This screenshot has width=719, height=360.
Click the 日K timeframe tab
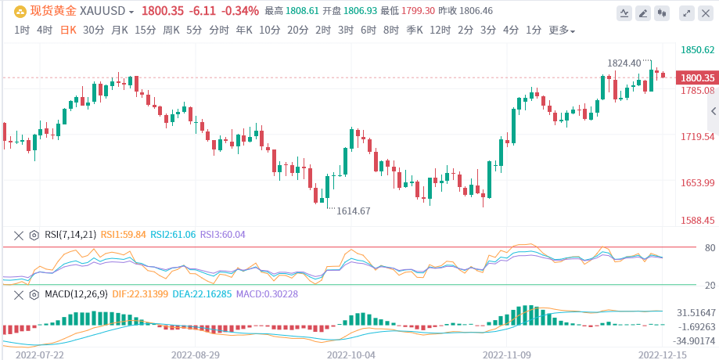pos(68,31)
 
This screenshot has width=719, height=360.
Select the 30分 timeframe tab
pos(93,31)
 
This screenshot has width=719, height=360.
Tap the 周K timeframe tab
pos(171,31)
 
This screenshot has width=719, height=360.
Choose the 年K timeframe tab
pos(244,31)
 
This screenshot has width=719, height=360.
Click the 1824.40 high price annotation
pos(624,63)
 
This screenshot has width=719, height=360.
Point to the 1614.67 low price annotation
pos(353,211)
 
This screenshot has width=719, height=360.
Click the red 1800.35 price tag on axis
pos(697,78)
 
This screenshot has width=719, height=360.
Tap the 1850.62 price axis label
pos(698,50)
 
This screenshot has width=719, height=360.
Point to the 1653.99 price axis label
pos(698,183)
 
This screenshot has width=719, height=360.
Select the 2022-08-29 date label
pos(196,354)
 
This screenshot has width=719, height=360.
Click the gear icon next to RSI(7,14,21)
pos(34,234)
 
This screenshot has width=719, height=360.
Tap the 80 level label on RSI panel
pos(688,248)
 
